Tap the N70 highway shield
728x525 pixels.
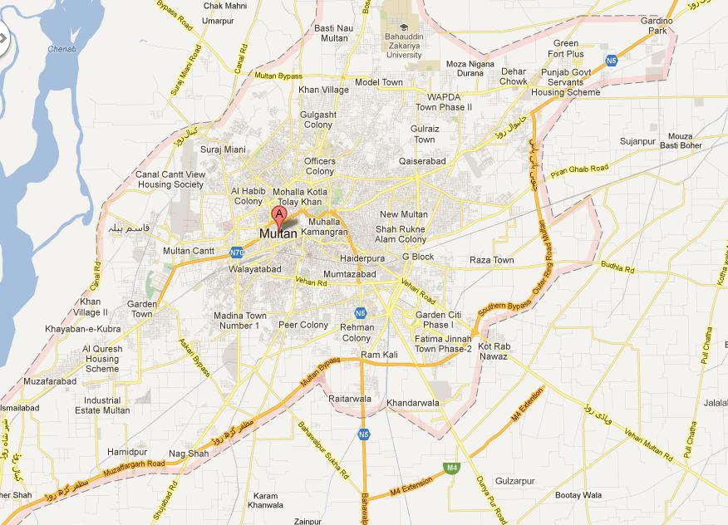[x=237, y=252]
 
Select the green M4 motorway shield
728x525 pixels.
[x=451, y=469]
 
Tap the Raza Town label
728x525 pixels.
[x=492, y=260]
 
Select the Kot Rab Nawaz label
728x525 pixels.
[x=493, y=351]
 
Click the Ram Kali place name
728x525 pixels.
[x=379, y=356]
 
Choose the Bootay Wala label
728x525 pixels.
[x=578, y=496]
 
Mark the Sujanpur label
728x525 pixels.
[x=637, y=142]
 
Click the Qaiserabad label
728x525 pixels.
[x=422, y=161]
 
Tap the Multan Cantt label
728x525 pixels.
[x=189, y=251]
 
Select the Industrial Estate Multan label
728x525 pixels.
[x=102, y=405]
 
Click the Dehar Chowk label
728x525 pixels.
[x=514, y=76]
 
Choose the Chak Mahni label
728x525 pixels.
[x=225, y=6]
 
